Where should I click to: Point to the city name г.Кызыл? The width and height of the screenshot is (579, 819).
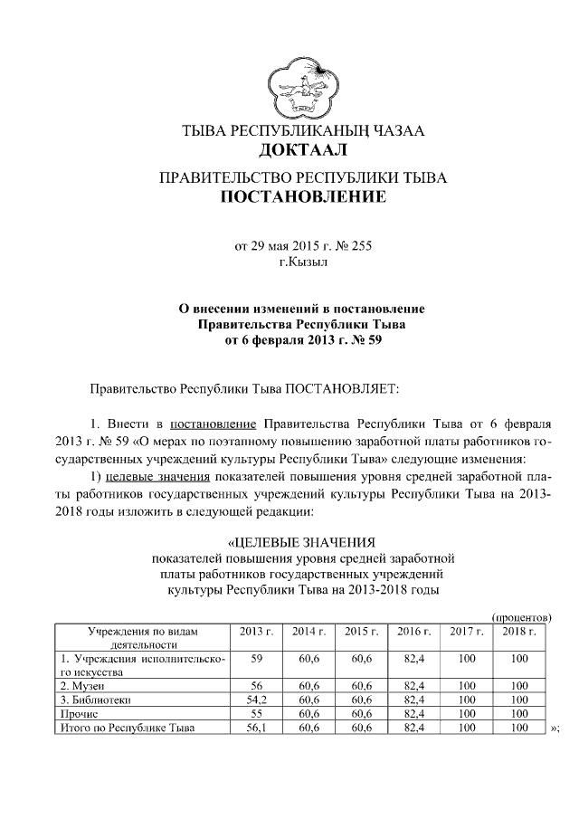(303, 262)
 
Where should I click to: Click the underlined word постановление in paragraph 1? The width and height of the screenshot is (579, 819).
(214, 424)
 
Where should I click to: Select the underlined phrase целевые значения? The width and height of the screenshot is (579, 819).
(157, 475)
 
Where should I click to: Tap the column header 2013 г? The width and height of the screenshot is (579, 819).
(256, 631)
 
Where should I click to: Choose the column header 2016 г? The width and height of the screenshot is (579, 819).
(413, 631)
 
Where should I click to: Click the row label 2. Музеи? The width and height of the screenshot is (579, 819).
(83, 686)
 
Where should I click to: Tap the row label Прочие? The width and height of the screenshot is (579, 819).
(80, 713)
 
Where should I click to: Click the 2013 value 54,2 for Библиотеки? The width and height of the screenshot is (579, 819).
(256, 700)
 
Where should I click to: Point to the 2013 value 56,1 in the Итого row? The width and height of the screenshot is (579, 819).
(256, 727)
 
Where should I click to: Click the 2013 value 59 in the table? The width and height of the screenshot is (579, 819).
(256, 660)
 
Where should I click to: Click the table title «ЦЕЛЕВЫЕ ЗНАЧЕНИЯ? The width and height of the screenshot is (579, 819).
(302, 543)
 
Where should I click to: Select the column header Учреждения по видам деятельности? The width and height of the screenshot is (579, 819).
(141, 637)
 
